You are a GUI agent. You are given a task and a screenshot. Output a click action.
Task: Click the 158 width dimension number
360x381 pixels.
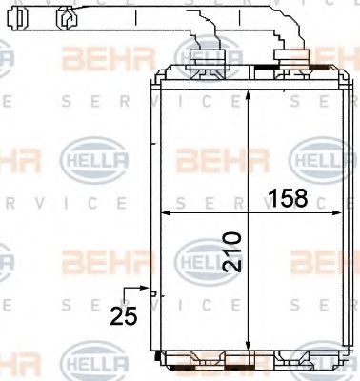click(x=289, y=199)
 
